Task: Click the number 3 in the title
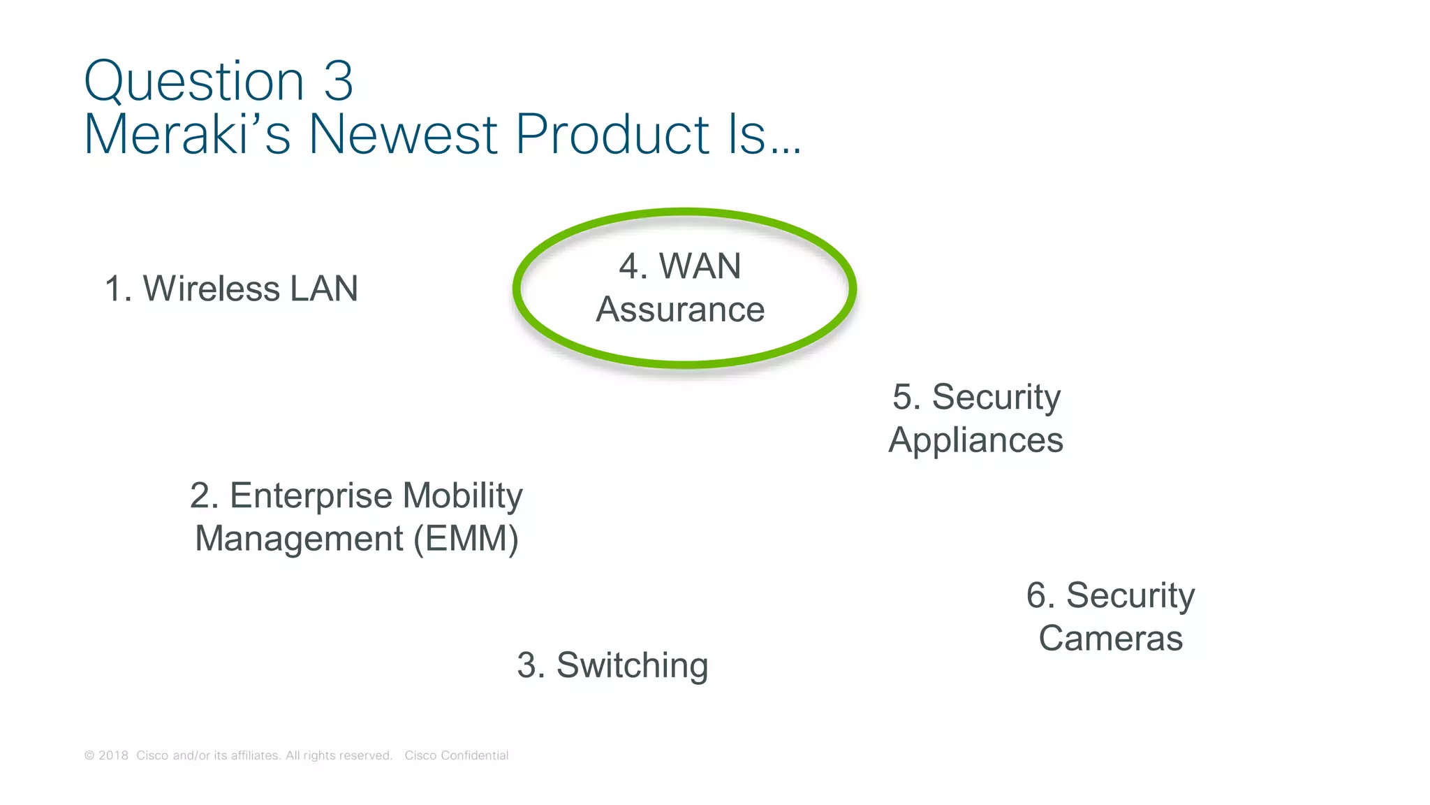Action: [339, 82]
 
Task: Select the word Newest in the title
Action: [404, 134]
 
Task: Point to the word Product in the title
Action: [612, 134]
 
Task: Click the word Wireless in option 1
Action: [211, 289]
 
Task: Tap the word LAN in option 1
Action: [324, 289]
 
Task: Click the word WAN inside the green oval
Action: [700, 266]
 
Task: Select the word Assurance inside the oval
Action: [680, 310]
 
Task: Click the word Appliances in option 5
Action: [975, 440]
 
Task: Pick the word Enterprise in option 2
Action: [311, 495]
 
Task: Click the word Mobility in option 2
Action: [462, 495]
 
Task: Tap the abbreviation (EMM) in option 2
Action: [466, 539]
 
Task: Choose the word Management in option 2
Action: [299, 539]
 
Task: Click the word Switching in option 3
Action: [632, 665]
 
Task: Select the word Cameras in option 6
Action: [1110, 639]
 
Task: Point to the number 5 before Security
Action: [906, 397]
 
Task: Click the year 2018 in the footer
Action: [113, 755]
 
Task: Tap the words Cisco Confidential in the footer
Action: [457, 755]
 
